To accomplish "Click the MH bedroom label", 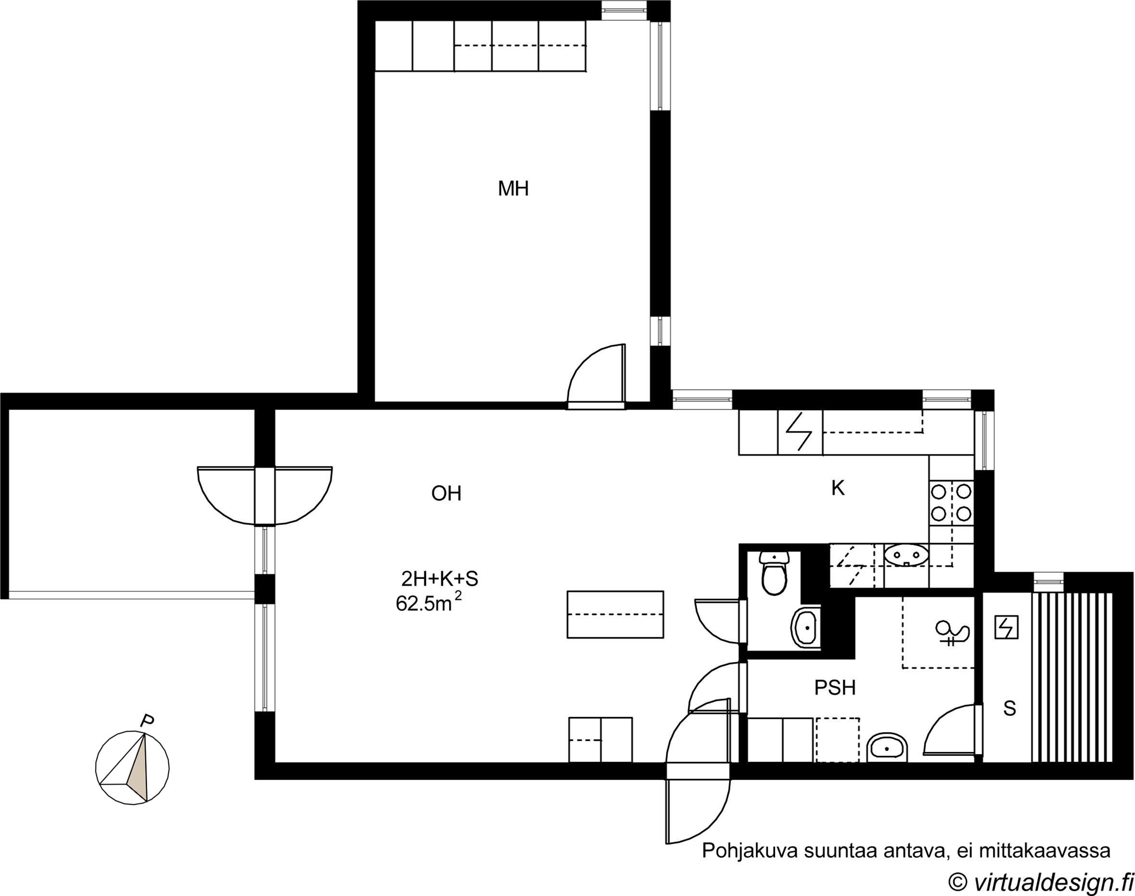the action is tap(513, 188).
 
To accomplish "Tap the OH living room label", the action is tap(446, 493).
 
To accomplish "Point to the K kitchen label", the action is tap(838, 489).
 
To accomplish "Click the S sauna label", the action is tap(1009, 709).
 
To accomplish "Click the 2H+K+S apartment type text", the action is tap(440, 579).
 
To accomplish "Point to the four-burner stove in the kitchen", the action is tap(951, 502).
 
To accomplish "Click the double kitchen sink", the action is tap(906, 555).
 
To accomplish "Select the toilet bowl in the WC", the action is tap(774, 574).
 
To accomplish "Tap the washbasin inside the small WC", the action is tap(804, 627).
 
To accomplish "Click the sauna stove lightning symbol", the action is tap(1006, 627).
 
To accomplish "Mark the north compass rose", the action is tap(132, 767).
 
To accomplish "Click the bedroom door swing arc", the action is tap(588, 367).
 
